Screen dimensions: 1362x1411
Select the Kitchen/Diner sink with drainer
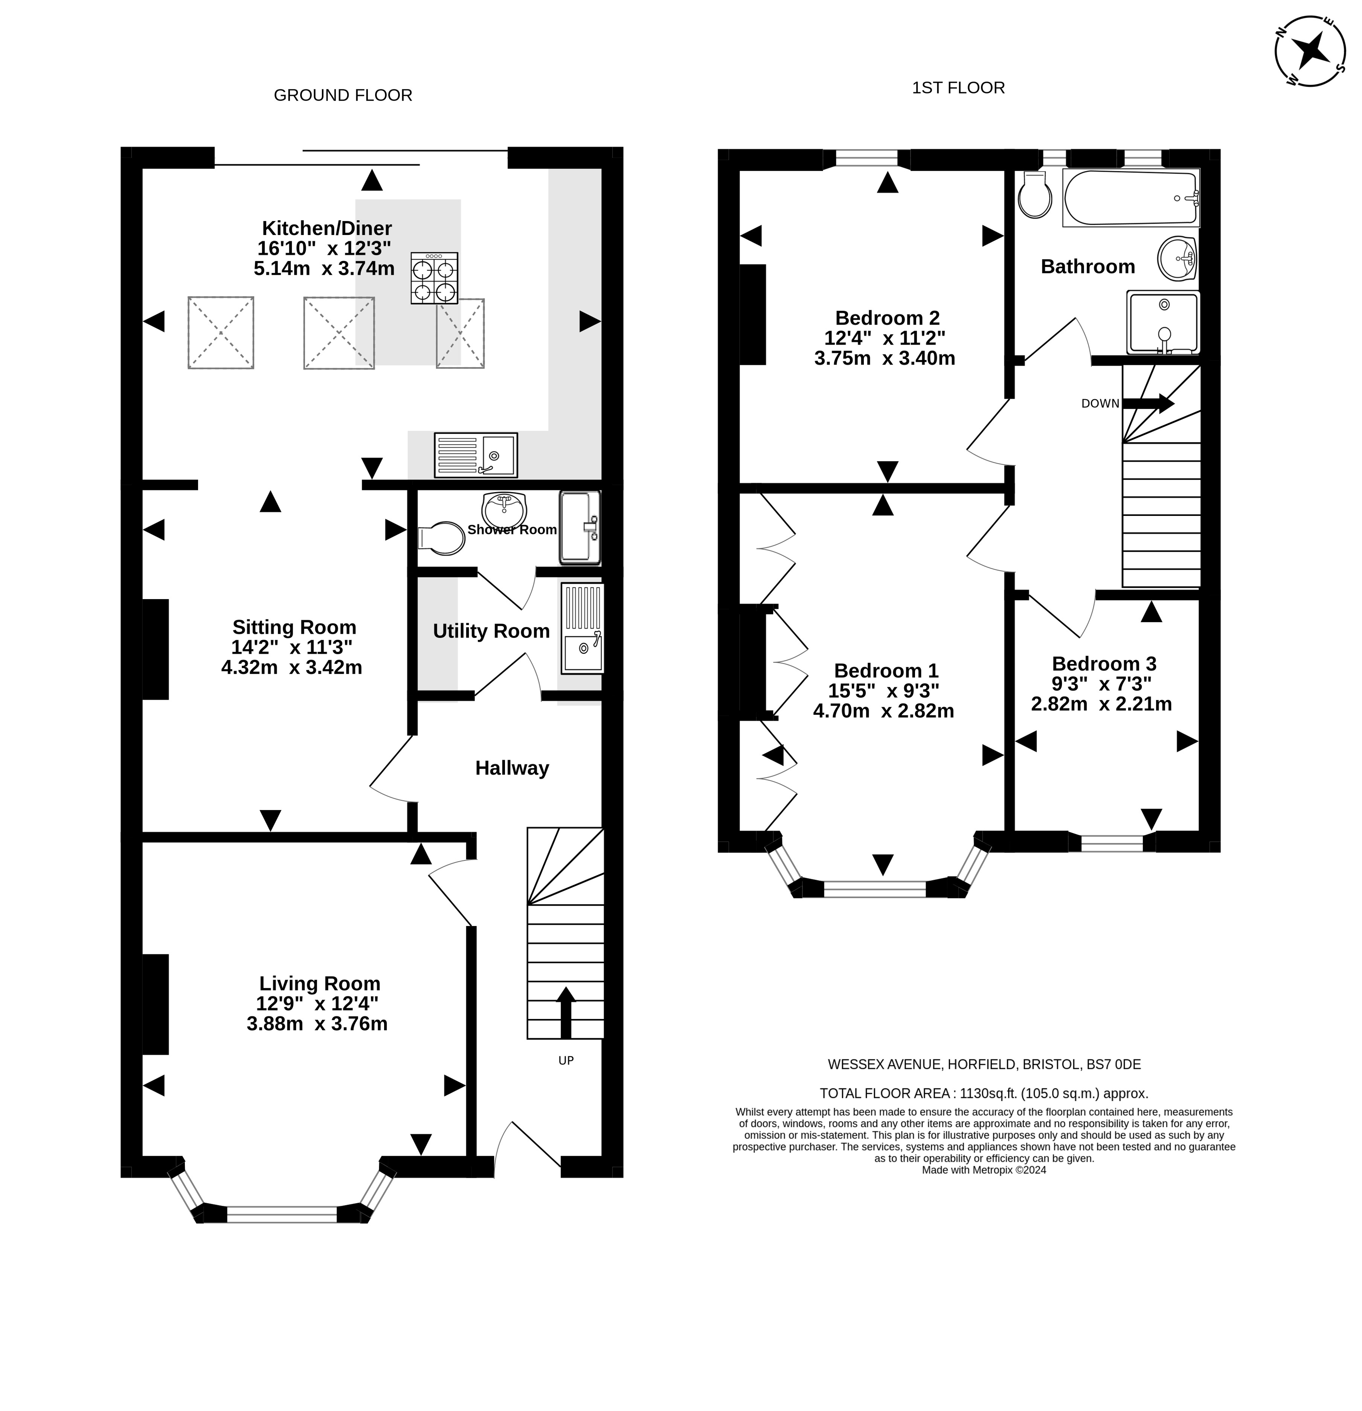[475, 455]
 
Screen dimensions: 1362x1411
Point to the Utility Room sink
[582, 628]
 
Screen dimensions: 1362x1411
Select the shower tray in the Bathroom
[1162, 322]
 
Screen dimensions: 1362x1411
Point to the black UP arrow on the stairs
[566, 1012]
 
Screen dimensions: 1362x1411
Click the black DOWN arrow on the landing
[1148, 403]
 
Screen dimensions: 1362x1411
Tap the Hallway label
[512, 768]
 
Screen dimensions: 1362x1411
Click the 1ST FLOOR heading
[958, 88]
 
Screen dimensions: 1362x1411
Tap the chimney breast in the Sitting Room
[156, 649]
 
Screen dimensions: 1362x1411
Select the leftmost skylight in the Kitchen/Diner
[221, 333]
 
